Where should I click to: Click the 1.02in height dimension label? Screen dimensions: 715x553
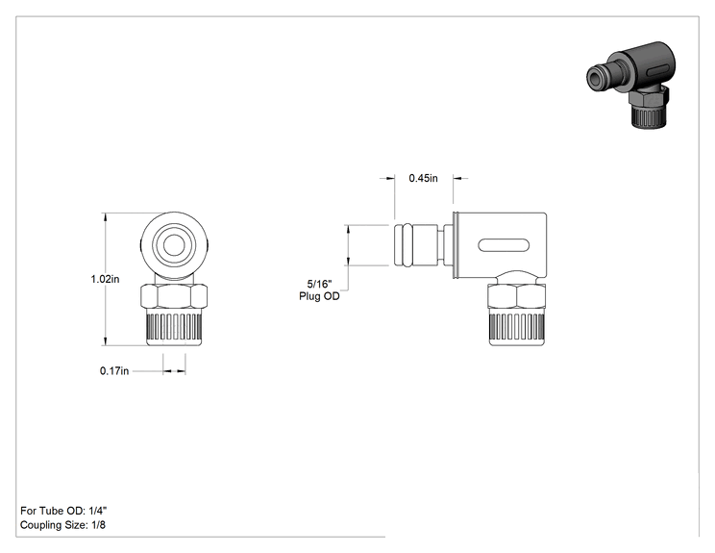[x=105, y=279]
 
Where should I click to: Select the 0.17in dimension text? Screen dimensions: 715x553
[x=114, y=371]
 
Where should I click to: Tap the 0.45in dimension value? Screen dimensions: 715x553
[x=423, y=178]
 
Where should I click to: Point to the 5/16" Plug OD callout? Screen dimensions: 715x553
[x=319, y=290]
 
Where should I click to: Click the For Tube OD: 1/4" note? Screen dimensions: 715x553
[x=63, y=511]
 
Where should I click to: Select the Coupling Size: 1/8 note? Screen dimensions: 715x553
[x=62, y=525]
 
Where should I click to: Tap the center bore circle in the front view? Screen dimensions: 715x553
[x=174, y=246]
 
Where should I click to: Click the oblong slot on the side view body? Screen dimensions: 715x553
[x=504, y=245]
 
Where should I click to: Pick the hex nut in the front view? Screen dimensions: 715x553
[x=174, y=296]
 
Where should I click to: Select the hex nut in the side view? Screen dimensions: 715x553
[x=517, y=296]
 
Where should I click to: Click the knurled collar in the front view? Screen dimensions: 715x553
[x=174, y=327]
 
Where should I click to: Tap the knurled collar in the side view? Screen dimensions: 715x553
[x=517, y=327]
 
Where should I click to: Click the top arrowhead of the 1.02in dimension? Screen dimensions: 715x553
[x=106, y=217]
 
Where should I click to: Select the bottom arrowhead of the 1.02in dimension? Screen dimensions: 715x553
[x=106, y=340]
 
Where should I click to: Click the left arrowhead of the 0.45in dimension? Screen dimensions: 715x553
[x=390, y=178]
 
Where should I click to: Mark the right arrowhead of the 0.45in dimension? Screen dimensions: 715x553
[x=457, y=178]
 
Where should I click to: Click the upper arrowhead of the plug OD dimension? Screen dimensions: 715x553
[x=349, y=230]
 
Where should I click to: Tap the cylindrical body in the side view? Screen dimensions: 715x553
[x=500, y=245]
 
